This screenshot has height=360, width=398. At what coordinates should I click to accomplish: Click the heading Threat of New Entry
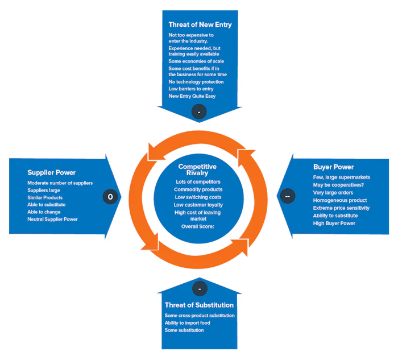200,24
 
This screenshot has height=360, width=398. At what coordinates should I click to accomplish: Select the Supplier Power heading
51,172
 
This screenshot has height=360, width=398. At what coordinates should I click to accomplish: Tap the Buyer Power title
333,167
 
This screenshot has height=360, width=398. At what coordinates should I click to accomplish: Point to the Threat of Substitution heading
199,305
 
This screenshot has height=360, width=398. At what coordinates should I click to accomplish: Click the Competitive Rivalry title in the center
197,169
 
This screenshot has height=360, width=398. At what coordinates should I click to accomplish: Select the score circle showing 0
110,196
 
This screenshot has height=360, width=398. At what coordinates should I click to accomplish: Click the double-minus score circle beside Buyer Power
287,196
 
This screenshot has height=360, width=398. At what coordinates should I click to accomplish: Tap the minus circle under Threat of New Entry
199,111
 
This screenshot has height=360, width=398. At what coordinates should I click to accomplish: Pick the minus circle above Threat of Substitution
199,289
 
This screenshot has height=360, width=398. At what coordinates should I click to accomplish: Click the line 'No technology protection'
196,82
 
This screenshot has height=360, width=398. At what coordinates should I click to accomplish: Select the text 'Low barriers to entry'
191,89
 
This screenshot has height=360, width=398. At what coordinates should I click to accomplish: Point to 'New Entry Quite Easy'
192,96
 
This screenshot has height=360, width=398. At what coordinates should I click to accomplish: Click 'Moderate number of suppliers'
60,183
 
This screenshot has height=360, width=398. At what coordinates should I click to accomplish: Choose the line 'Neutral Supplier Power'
52,219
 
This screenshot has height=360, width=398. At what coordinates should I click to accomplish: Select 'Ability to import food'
187,323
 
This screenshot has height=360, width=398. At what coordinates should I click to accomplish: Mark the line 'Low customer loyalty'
198,204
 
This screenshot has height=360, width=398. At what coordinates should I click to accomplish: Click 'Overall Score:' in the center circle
198,226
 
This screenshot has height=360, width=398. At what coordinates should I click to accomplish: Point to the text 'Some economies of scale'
196,61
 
